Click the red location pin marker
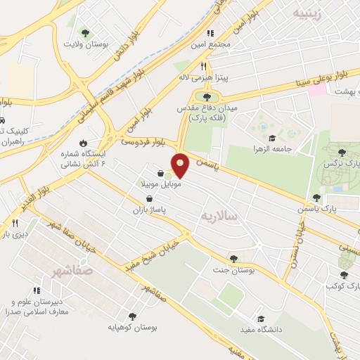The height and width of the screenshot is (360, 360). coord(181,165)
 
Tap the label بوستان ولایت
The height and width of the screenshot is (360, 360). coord(104,44)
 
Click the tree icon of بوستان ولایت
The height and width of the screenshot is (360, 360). coord(85,32)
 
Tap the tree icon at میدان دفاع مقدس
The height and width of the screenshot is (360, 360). coord(206,97)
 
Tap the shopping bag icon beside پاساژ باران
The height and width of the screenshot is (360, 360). coord(148,199)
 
